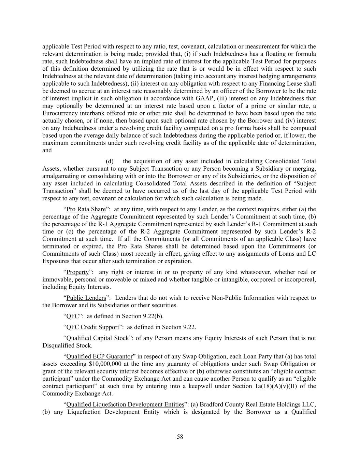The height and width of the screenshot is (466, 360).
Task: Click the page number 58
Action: pos(180,437)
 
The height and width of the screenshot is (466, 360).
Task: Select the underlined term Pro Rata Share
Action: pos(86,209)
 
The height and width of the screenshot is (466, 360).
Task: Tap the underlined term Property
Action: pos(77,272)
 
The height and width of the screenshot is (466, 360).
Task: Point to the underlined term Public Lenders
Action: pos(86,298)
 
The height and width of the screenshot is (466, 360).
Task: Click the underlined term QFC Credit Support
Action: pos(92,327)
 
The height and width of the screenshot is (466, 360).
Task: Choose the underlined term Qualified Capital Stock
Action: pos(98,338)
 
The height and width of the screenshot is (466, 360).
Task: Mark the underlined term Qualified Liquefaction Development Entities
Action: pos(125,405)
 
